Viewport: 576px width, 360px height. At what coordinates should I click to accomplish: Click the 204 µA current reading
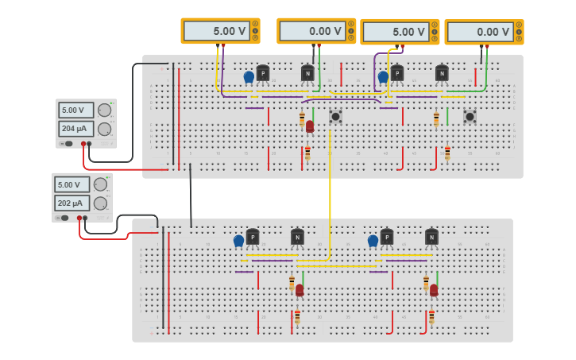75,129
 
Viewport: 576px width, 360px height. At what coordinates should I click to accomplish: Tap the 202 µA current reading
72,203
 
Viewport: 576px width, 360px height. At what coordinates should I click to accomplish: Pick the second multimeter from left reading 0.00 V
315,31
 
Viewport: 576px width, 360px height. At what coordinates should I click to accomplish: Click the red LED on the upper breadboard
310,126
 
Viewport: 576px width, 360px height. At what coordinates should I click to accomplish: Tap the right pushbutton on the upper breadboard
470,117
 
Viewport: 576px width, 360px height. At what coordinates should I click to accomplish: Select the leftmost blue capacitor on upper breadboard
249,77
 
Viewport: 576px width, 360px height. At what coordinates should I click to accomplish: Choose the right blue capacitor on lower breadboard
373,240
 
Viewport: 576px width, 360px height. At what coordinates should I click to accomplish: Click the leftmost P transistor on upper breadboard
263,73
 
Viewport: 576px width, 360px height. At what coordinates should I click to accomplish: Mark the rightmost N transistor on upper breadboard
442,73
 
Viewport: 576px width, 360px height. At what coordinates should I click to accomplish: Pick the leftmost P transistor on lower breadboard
253,237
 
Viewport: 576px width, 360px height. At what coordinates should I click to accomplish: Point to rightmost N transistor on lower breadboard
431,237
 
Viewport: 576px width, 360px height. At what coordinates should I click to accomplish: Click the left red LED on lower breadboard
300,290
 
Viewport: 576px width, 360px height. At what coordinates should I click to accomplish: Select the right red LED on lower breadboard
434,290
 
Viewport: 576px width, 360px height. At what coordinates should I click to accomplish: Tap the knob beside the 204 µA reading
104,129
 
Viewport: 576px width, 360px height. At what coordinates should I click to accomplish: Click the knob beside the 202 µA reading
100,203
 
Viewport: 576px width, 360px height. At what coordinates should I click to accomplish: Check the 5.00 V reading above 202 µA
72,184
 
